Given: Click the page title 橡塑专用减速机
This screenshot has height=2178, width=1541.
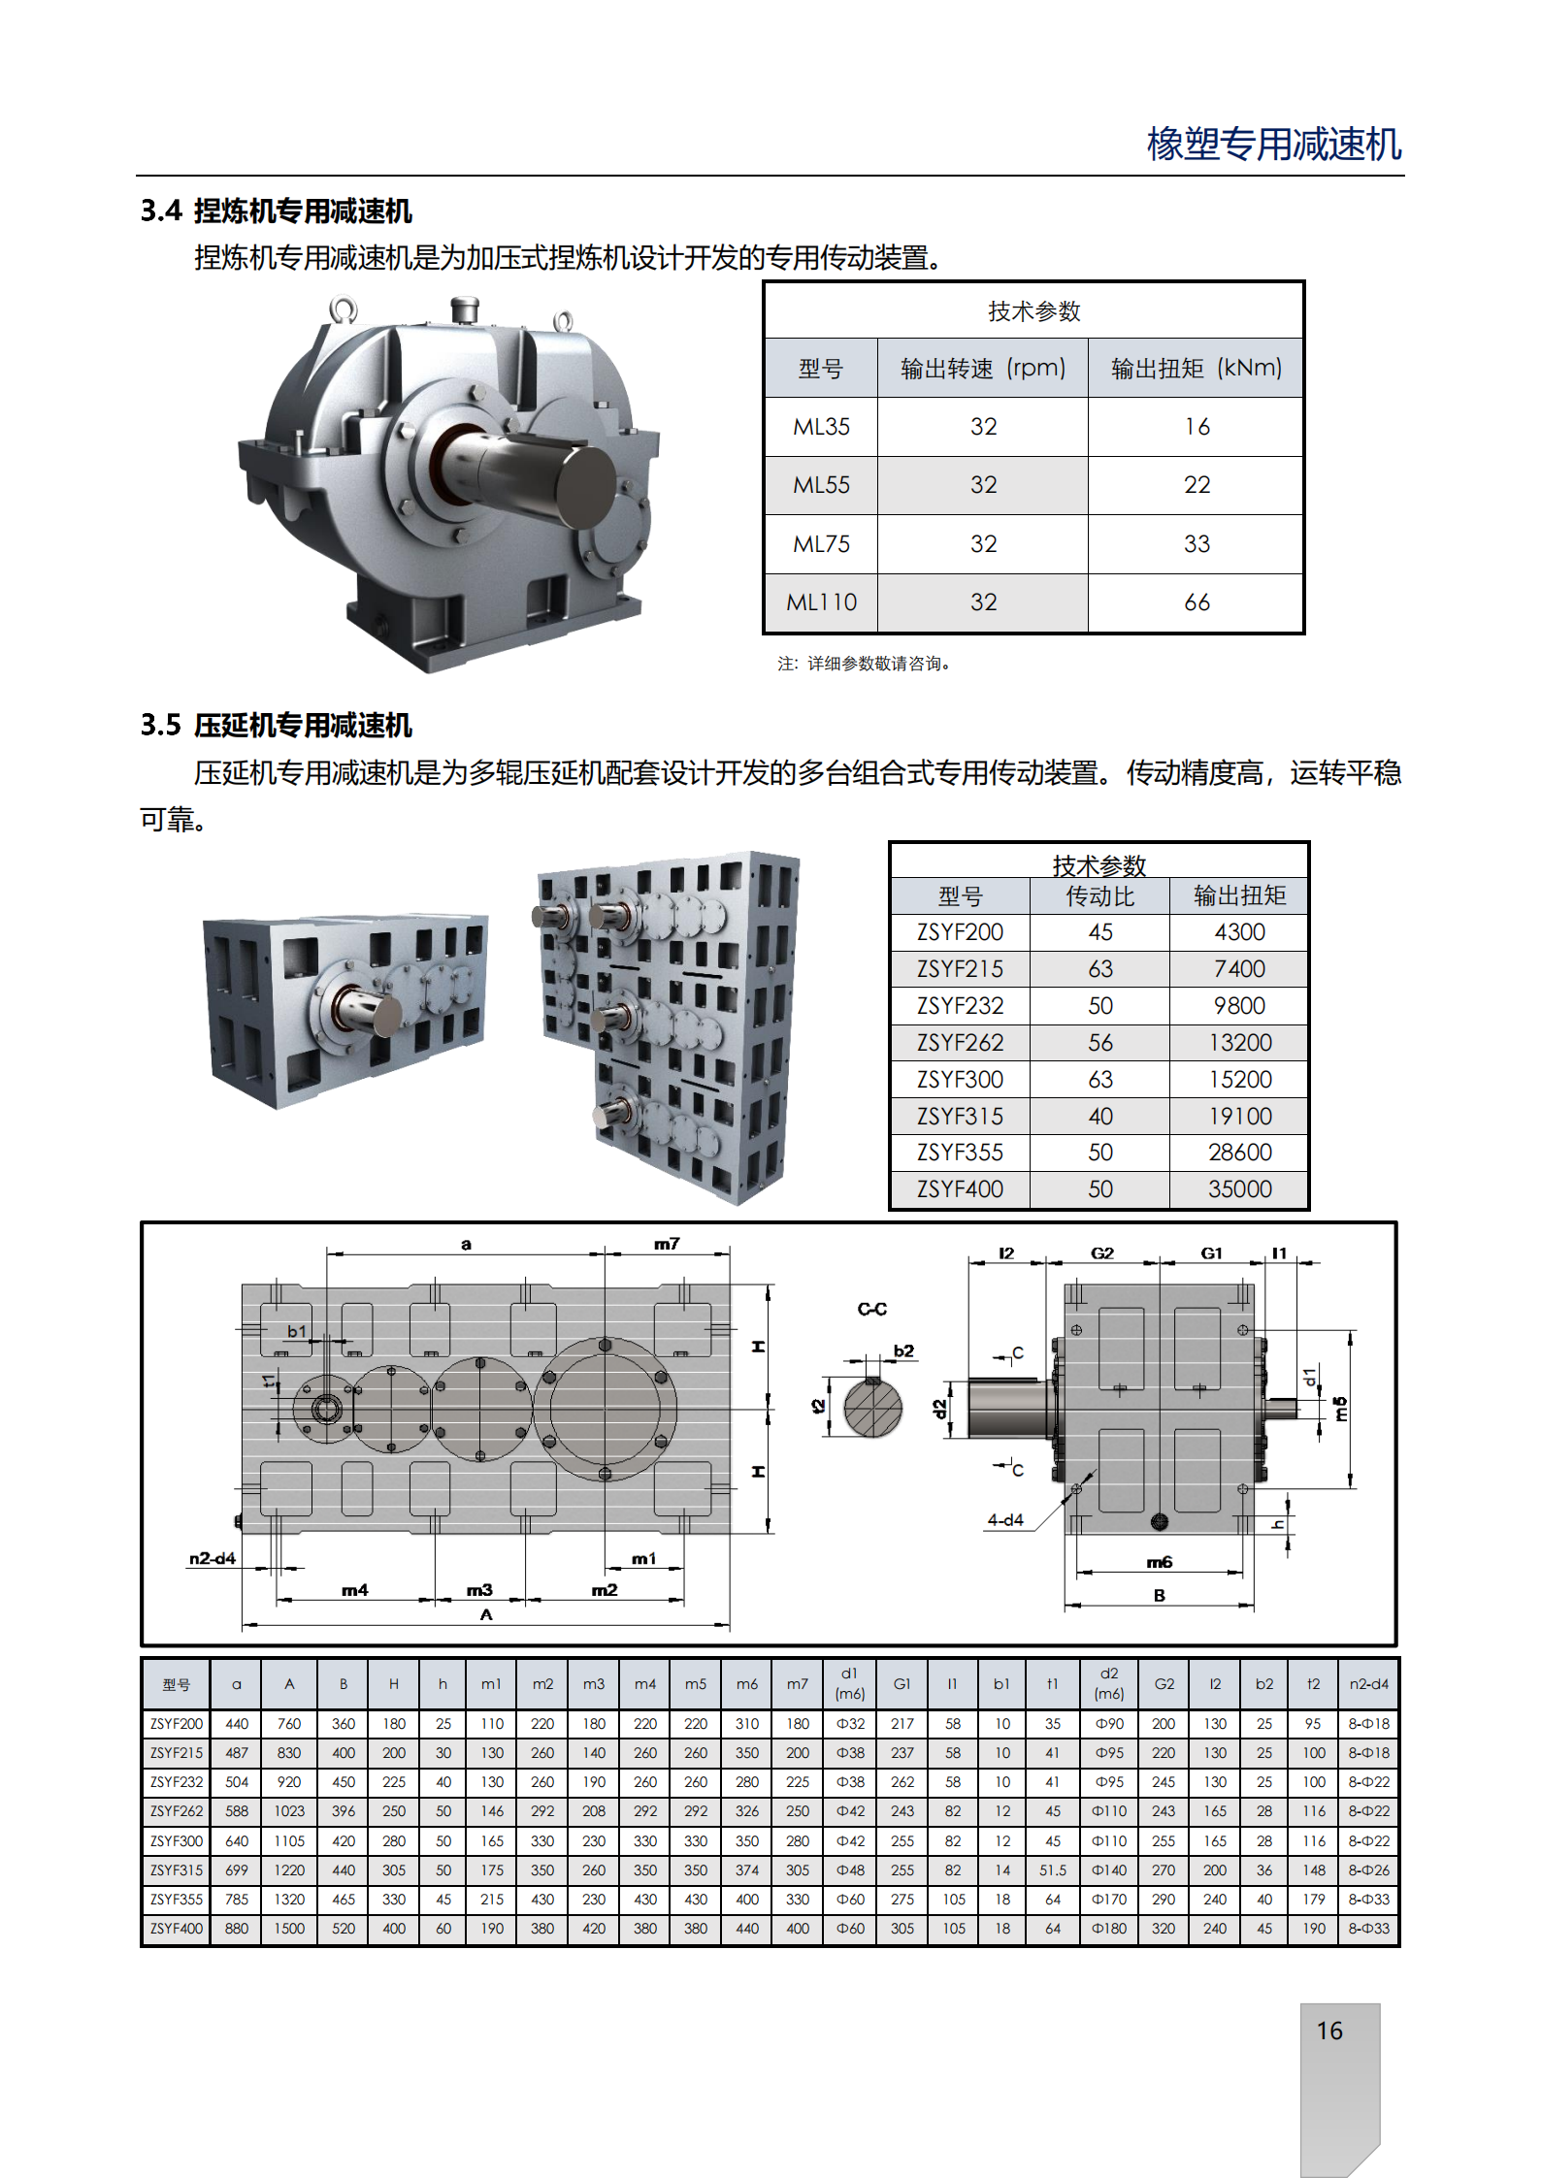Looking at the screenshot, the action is click(x=1274, y=144).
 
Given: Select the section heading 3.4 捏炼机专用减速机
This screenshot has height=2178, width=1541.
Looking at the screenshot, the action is click(x=277, y=211).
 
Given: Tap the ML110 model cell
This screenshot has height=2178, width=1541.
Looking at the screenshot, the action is click(x=821, y=602).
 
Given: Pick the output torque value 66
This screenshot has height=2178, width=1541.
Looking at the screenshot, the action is click(x=1197, y=602).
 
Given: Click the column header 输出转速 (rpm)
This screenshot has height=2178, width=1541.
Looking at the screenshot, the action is click(x=983, y=368).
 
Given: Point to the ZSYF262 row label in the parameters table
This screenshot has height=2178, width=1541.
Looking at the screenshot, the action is click(x=960, y=1043).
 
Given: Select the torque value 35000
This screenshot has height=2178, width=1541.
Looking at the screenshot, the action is click(x=1239, y=1189).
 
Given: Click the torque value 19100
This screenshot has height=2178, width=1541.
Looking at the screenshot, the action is click(x=1239, y=1117).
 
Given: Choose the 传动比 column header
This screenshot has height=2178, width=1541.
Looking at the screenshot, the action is click(x=1099, y=895).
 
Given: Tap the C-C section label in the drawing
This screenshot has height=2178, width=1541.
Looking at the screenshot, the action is click(x=871, y=1309).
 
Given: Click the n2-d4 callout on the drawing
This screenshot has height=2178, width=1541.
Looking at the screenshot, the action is click(x=213, y=1558).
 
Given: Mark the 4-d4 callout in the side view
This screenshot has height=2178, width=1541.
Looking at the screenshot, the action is click(x=1005, y=1519).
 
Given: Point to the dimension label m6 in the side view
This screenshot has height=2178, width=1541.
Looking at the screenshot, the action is click(x=1159, y=1562).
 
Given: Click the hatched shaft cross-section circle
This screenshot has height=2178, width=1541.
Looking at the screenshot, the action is click(x=872, y=1408).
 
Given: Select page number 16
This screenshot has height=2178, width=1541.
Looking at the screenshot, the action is click(x=1329, y=2031).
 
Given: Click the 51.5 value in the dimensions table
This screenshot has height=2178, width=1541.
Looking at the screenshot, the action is click(x=1053, y=1869).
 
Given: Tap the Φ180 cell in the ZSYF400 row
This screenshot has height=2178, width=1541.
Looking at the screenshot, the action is click(x=1109, y=1929).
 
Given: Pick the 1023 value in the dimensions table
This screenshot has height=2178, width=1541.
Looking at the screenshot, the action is click(x=289, y=1811).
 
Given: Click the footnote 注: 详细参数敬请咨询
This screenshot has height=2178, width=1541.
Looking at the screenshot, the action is click(x=863, y=664).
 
